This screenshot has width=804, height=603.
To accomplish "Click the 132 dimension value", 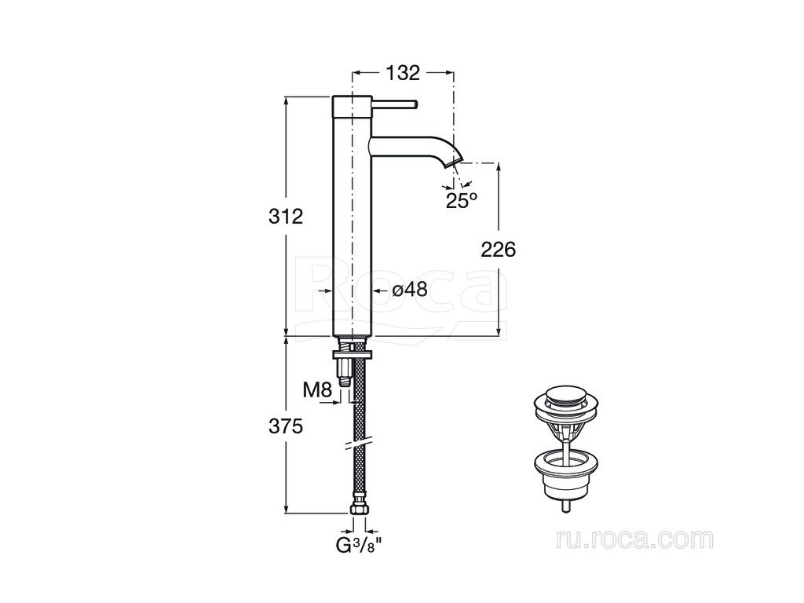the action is (403, 73).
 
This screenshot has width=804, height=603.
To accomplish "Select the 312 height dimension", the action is (286, 217).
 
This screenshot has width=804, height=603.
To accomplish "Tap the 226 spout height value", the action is (498, 250).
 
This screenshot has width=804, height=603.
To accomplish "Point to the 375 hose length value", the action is (286, 426).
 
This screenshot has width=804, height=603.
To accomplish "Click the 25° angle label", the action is (462, 200).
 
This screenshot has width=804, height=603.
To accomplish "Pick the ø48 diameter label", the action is (410, 291).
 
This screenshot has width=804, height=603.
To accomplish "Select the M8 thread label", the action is (318, 390).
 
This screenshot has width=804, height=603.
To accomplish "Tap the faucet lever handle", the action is (394, 104).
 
